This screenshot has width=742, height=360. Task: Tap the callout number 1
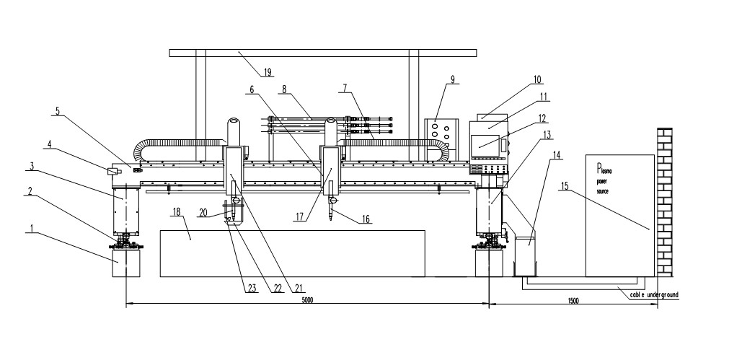[x=31, y=229]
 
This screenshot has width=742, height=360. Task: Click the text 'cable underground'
[x=650, y=294]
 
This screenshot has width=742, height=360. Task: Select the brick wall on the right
[x=665, y=202]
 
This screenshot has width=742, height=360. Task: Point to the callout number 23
[x=252, y=289]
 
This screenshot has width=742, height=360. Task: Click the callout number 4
[x=49, y=144]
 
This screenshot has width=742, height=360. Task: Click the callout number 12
[x=540, y=117]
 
